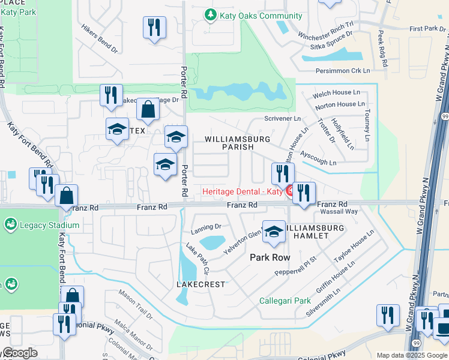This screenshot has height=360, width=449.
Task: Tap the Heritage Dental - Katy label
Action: [243, 191]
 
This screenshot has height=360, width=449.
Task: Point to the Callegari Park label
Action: [284, 300]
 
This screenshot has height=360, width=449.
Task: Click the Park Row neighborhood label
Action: [270, 257]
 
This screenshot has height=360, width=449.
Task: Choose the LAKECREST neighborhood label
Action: [200, 284]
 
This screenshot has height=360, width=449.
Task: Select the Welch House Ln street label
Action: [336, 94]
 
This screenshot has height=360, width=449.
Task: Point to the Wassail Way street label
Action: [339, 212]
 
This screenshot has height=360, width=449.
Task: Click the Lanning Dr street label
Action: [206, 227]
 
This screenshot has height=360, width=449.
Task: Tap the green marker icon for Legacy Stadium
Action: [10, 225]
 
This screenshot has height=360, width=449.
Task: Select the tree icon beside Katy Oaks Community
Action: [209, 15]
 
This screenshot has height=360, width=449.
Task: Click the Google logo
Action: [19, 353]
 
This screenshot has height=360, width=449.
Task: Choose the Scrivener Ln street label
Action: [283, 119]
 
